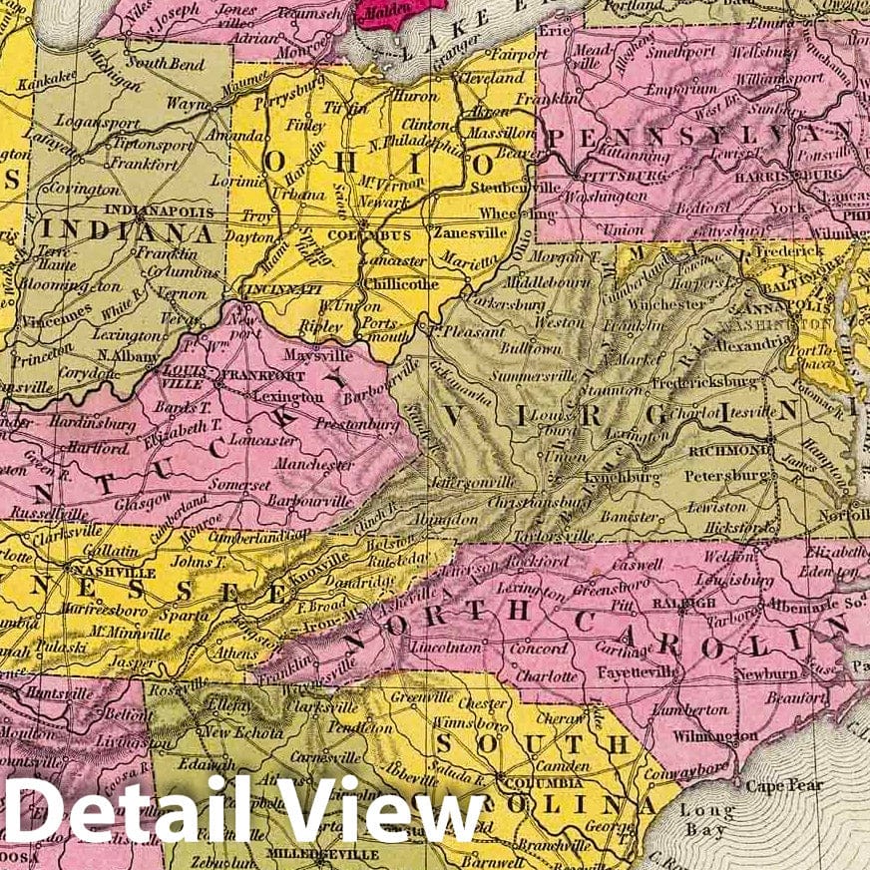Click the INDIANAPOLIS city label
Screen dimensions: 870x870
[x=159, y=213]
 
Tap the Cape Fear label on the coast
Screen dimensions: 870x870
[x=791, y=785]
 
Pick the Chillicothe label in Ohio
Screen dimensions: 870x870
[x=402, y=283]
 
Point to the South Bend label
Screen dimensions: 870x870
[x=165, y=62]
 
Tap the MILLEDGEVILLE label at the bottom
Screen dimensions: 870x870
[x=324, y=855]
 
